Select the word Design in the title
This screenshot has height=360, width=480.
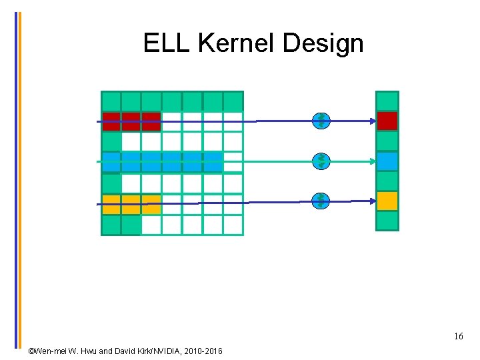point(323,44)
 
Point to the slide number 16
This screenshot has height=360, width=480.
point(459,337)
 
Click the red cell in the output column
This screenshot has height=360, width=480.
point(387,121)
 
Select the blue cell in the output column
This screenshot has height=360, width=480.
point(387,161)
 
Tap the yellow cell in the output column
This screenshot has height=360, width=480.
point(387,201)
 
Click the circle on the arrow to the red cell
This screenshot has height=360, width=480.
point(321,121)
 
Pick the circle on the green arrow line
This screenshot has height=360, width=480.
point(321,161)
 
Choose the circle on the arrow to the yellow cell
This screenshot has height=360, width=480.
point(321,201)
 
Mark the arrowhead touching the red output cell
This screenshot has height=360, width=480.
point(372,121)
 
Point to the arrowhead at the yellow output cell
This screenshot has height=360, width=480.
point(372,201)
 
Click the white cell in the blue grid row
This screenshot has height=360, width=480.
point(233,162)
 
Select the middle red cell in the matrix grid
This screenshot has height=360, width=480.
point(131,121)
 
